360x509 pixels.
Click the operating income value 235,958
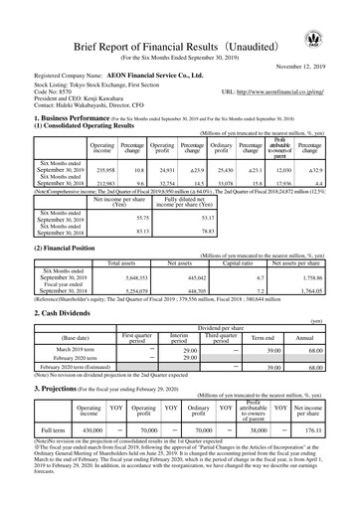pyautogui.click(x=101, y=170)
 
